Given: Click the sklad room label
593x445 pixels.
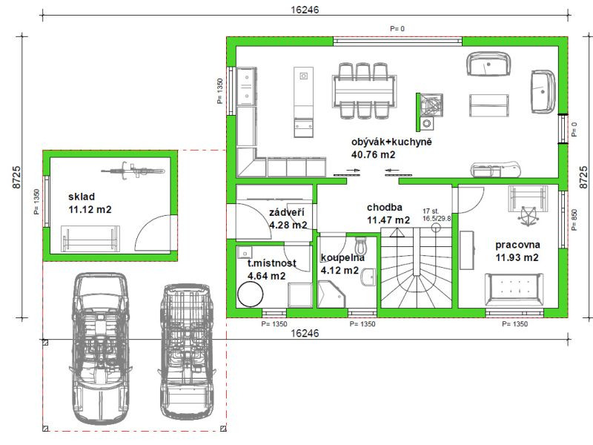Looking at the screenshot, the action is pyautogui.click(x=82, y=197).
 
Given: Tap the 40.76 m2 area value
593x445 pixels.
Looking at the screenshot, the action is pyautogui.click(x=374, y=155).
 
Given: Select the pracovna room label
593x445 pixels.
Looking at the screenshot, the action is pyautogui.click(x=517, y=245).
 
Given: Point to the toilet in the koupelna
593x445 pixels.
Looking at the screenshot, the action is pyautogui.click(x=362, y=245).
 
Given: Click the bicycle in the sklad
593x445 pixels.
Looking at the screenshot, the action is pyautogui.click(x=133, y=170).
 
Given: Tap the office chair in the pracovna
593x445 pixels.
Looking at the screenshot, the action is pyautogui.click(x=529, y=216).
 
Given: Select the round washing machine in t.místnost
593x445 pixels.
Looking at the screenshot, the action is pyautogui.click(x=250, y=294).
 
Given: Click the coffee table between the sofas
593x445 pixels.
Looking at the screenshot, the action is pyautogui.click(x=489, y=105).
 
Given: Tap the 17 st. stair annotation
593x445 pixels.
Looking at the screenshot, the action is pyautogui.click(x=431, y=211).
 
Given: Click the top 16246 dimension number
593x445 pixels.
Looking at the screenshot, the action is pyautogui.click(x=305, y=10).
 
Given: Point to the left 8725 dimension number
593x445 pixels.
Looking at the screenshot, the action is pyautogui.click(x=17, y=177).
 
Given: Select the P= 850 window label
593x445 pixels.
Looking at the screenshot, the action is pyautogui.click(x=574, y=220).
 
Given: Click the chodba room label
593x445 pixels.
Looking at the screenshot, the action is pyautogui.click(x=385, y=208).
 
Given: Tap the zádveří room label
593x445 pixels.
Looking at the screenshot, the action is pyautogui.click(x=286, y=212).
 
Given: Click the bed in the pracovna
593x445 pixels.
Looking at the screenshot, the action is pyautogui.click(x=514, y=289).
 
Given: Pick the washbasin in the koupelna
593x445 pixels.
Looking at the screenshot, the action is pyautogui.click(x=368, y=277).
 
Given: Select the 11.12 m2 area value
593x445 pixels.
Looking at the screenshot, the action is pyautogui.click(x=90, y=210).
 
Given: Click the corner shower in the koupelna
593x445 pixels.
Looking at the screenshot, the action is pyautogui.click(x=331, y=294).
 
